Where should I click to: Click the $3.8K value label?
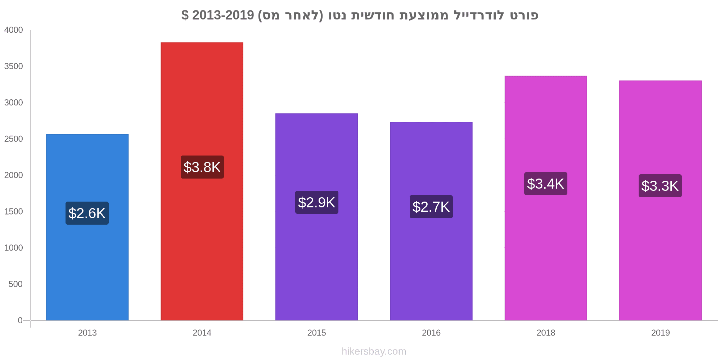pyautogui.click(x=202, y=167)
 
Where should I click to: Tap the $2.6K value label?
pyautogui.click(x=87, y=213)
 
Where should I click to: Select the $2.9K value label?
pyautogui.click(x=316, y=202)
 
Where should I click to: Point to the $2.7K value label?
pyautogui.click(x=431, y=207)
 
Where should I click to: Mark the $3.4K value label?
pyautogui.click(x=545, y=184)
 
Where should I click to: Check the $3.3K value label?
pyautogui.click(x=660, y=186)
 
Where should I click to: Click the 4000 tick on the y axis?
pyautogui.click(x=14, y=30)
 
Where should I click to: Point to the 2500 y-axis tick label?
pyautogui.click(x=14, y=139)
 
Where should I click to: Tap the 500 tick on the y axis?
pyautogui.click(x=15, y=284)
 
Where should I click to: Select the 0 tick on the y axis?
pyautogui.click(x=20, y=320)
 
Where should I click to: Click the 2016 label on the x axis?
pyautogui.click(x=431, y=333)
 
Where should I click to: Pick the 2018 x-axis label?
pyautogui.click(x=545, y=333)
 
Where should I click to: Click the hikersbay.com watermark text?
pyautogui.click(x=374, y=351)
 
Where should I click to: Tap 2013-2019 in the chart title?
pyautogui.click(x=223, y=15)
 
